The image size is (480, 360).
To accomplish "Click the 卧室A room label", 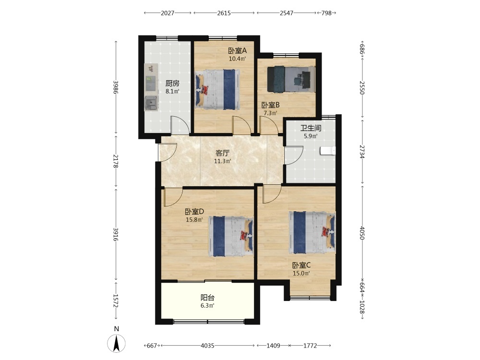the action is click(237, 50).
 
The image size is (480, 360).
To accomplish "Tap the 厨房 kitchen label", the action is click(172, 83).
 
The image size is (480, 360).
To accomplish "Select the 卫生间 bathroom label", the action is click(311, 128).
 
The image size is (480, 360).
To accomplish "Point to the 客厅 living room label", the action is click(223, 153).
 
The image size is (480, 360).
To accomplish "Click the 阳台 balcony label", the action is click(207, 297).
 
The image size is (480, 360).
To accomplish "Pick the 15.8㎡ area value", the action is click(194, 219).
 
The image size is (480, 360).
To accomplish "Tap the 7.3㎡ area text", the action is click(271, 113).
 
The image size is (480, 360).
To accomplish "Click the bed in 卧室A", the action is click(217, 89).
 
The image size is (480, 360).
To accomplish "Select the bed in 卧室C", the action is click(312, 233).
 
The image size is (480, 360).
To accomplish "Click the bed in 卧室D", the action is click(231, 236).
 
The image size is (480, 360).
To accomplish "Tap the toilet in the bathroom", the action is click(328, 151).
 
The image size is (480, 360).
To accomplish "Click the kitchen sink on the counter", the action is click(151, 103).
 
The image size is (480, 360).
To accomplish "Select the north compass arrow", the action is click(116, 344).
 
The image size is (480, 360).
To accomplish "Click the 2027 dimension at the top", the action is click(168, 13).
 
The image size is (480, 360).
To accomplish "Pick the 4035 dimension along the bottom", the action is click(207, 346).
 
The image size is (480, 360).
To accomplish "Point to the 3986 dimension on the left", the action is click(116, 87).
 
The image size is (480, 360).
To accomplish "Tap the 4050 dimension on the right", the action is click(362, 233).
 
